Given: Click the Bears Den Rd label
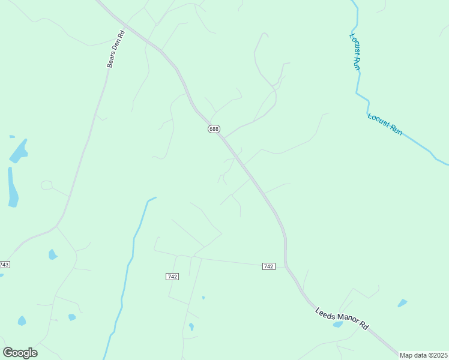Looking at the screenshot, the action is pyautogui.click(x=115, y=49).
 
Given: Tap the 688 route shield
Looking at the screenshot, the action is pyautogui.click(x=214, y=129).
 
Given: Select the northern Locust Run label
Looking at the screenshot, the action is pyautogui.click(x=354, y=52).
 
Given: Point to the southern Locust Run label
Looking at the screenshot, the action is pyautogui.click(x=385, y=124).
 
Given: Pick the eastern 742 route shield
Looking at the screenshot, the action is pyautogui.click(x=268, y=266).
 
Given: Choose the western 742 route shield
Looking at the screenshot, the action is pyautogui.click(x=172, y=276).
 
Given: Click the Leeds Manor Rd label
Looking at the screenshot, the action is pyautogui.click(x=342, y=318).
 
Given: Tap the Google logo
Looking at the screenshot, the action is pyautogui.click(x=20, y=353).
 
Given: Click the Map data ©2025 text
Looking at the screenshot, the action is pyautogui.click(x=423, y=355).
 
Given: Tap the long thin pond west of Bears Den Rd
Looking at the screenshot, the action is pyautogui.click(x=12, y=187).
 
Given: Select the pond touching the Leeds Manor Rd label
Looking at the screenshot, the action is pyautogui.click(x=338, y=325).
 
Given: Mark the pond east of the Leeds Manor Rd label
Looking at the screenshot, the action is pyautogui.click(x=402, y=303).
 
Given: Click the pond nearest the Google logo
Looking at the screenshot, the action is pyautogui.click(x=22, y=320).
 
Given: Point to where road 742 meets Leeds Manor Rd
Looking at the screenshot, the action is pyautogui.click(x=286, y=266).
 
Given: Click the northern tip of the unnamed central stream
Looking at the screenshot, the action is pyautogui.click(x=155, y=197).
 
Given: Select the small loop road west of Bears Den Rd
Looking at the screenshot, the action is pyautogui.click(x=46, y=185).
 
